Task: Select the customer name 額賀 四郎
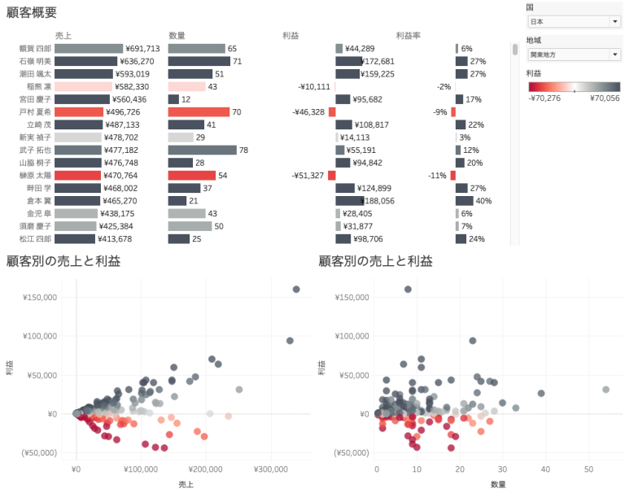click(35, 49)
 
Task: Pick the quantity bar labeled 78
click(202, 150)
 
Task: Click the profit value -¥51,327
click(308, 175)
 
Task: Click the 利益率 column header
click(409, 36)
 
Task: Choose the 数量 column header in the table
click(177, 36)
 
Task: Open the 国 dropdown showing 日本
click(573, 21)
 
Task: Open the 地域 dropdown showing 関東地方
click(573, 55)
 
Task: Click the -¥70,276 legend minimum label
click(545, 98)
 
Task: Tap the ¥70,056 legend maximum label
click(603, 98)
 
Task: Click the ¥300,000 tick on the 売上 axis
click(270, 469)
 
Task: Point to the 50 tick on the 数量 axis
click(588, 469)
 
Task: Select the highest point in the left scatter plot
click(296, 289)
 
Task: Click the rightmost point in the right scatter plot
click(605, 390)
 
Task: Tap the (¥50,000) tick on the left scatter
click(33, 452)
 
